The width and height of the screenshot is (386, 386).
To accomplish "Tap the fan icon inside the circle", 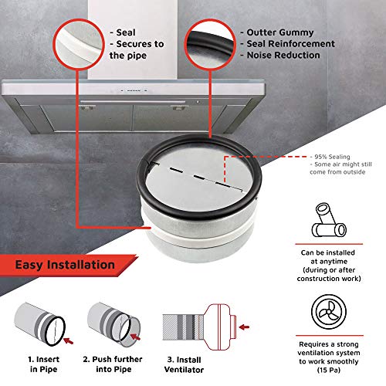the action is tap(329, 312).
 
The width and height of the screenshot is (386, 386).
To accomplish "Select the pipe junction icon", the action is tap(329, 220).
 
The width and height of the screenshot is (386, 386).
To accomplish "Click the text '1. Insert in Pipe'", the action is tap(44, 364).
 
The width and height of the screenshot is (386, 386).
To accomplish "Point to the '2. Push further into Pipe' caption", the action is tap(113, 364).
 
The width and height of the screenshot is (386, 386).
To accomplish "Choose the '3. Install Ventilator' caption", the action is tap(184, 364).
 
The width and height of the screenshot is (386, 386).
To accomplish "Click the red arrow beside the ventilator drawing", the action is tap(244, 327).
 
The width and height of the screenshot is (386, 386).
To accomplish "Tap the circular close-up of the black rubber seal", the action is tap(210, 44).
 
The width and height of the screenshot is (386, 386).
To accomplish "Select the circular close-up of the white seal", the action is tap(79, 44).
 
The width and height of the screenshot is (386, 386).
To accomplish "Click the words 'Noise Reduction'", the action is tap(283, 55).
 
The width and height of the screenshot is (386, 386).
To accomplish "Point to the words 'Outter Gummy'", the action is tap(280, 32).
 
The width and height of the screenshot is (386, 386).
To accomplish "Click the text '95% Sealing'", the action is tap(332, 157).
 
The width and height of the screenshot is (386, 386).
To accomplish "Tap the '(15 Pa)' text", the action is tap(329, 370).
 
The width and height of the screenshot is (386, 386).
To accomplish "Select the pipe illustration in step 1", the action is tap(40, 323).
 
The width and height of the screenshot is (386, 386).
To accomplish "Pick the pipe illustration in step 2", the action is tap(113, 323).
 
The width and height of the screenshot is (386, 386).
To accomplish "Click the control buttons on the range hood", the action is tap(134, 90).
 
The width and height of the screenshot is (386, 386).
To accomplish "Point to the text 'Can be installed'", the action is tap(328, 252).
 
